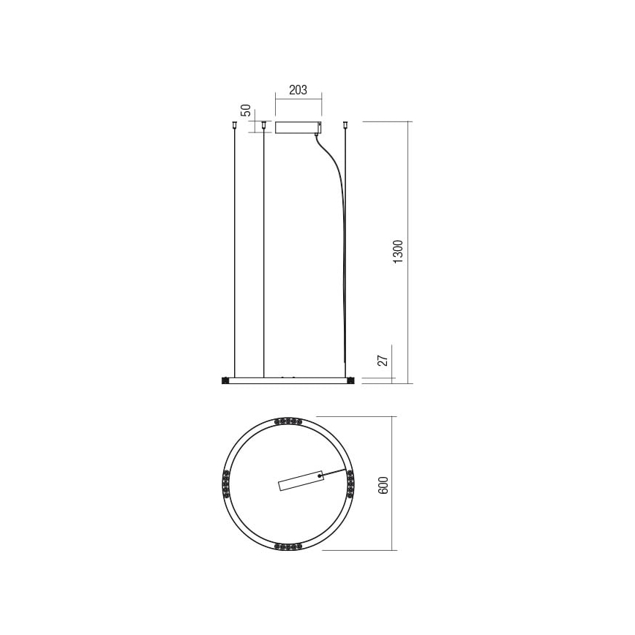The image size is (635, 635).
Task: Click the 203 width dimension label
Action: tap(297, 90)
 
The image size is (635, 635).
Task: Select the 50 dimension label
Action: tap(247, 110)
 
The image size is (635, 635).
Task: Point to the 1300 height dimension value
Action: tap(398, 252)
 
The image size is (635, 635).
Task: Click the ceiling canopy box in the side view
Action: tap(298, 127)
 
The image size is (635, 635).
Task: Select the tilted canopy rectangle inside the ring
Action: tap(301, 480)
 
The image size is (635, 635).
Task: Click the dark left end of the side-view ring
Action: tap(225, 380)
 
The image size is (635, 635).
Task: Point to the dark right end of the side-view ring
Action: tap(350, 380)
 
